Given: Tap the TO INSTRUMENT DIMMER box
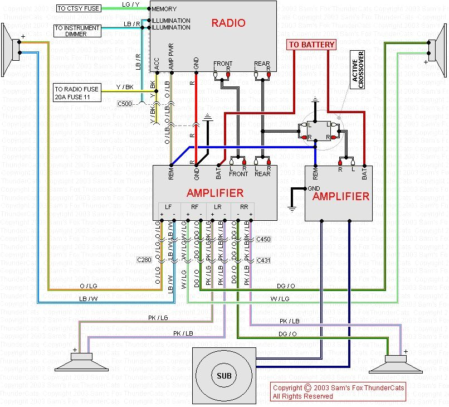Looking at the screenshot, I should [x=77, y=31].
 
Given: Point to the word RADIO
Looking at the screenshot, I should [x=228, y=23].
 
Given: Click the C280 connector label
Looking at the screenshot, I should [x=144, y=260].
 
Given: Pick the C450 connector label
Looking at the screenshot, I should [x=263, y=239].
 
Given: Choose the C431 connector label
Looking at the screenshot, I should [x=263, y=260].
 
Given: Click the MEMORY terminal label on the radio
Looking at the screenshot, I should [x=164, y=9].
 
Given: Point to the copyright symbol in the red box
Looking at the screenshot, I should [x=308, y=388].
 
